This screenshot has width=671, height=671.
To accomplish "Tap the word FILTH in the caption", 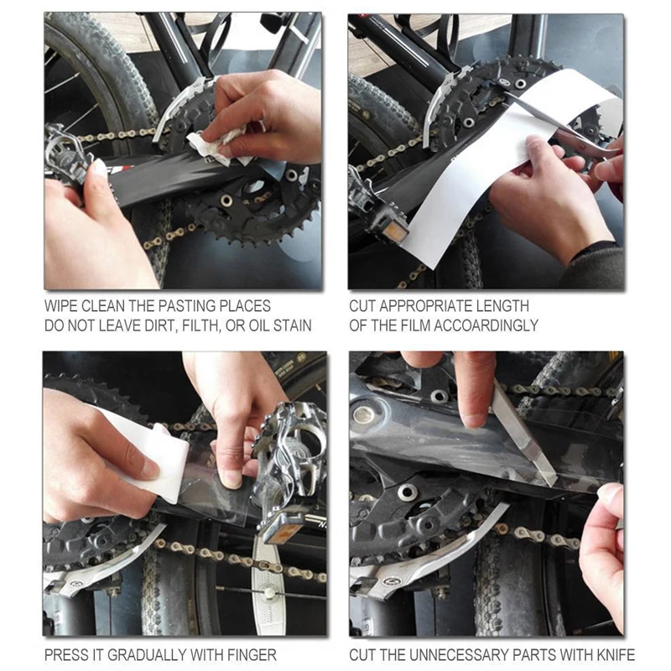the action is pyautogui.click(x=200, y=326).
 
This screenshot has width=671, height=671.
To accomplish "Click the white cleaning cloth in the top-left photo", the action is pyautogui.click(x=214, y=148).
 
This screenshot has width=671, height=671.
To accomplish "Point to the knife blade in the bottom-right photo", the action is pyautogui.click(x=524, y=436).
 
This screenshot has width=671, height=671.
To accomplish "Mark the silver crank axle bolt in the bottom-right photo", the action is pyautogui.click(x=362, y=414).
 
